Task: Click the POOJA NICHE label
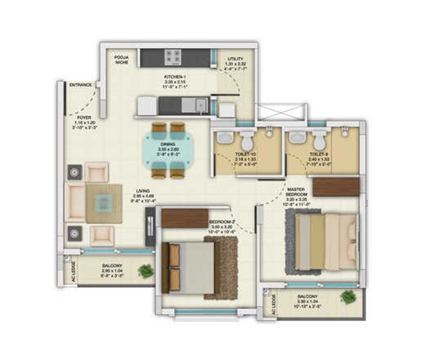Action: (121, 60)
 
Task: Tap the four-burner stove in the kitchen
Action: (173, 57)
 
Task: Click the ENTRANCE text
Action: (80, 85)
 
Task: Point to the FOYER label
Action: (84, 118)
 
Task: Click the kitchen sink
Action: (200, 105)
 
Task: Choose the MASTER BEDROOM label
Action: (296, 192)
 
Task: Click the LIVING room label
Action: (143, 191)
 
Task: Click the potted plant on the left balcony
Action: (145, 270)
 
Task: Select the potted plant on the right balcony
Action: (348, 296)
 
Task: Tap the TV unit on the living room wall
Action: (150, 226)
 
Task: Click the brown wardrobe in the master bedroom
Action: (336, 187)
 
